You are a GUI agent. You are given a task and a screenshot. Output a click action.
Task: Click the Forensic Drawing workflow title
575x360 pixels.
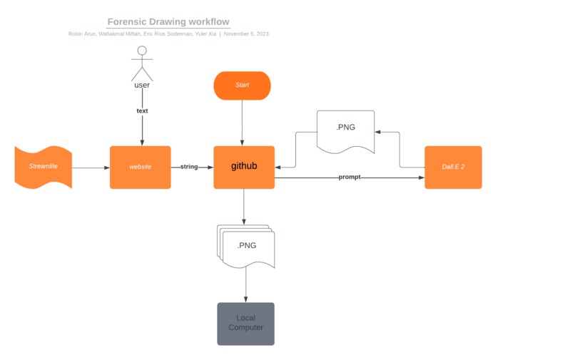168,22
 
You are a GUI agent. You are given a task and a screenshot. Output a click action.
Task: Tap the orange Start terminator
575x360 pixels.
243,85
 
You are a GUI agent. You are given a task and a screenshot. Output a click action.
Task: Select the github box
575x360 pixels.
244,167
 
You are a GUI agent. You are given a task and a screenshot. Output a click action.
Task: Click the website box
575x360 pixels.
140,167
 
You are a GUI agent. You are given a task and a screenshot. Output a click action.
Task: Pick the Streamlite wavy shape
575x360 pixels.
44,167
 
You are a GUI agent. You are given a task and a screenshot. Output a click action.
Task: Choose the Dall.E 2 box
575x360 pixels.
453,167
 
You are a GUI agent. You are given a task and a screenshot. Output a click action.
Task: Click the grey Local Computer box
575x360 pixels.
245,323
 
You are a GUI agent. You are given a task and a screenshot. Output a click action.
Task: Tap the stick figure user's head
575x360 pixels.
142,51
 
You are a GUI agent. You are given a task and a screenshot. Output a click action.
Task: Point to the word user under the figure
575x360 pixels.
142,85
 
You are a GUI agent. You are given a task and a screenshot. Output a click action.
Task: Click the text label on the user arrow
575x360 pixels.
142,110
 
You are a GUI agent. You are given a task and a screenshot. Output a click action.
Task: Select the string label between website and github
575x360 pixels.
189,167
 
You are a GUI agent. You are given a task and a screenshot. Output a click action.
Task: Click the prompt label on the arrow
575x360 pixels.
350,177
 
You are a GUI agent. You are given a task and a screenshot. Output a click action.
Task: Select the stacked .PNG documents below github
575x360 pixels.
246,246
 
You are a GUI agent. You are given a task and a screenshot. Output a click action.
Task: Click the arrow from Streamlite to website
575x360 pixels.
91,168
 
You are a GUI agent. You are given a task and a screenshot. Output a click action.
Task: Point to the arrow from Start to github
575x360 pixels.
243,123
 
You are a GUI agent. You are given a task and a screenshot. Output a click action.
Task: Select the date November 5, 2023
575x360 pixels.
246,34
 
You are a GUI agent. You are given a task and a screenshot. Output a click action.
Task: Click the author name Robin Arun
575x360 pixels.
83,34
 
